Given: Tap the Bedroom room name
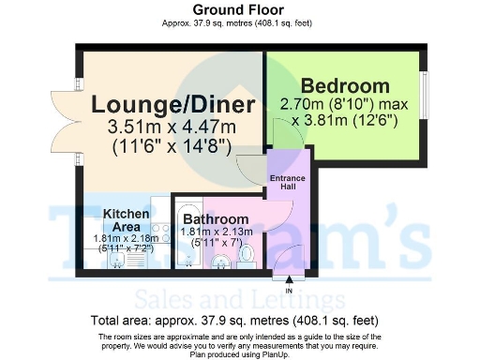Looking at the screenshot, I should click(345, 85).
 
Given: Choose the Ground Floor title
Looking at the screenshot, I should click(239, 9).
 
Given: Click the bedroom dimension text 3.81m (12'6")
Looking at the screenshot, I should click(344, 119).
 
